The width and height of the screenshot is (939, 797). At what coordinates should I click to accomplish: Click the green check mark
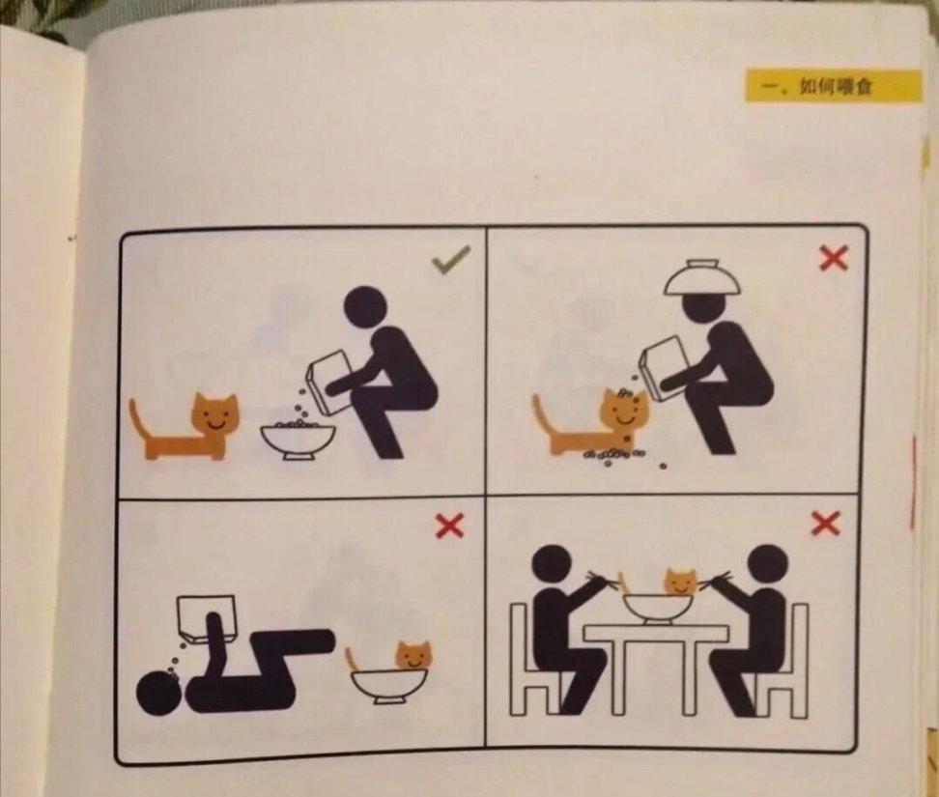point(451,261)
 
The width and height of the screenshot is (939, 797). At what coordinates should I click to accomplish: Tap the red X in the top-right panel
point(834,259)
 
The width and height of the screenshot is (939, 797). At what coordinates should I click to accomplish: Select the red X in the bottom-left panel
point(449,526)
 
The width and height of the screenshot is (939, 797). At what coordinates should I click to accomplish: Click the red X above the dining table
point(825,523)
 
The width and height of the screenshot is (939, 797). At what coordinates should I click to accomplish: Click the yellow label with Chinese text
point(833,86)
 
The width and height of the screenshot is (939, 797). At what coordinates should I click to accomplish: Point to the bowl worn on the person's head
point(702,278)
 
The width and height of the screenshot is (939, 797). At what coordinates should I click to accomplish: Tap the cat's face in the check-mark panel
point(214,414)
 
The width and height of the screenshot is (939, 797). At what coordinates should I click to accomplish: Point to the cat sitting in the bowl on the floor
point(413,656)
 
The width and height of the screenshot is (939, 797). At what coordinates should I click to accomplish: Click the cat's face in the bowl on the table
point(681,582)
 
